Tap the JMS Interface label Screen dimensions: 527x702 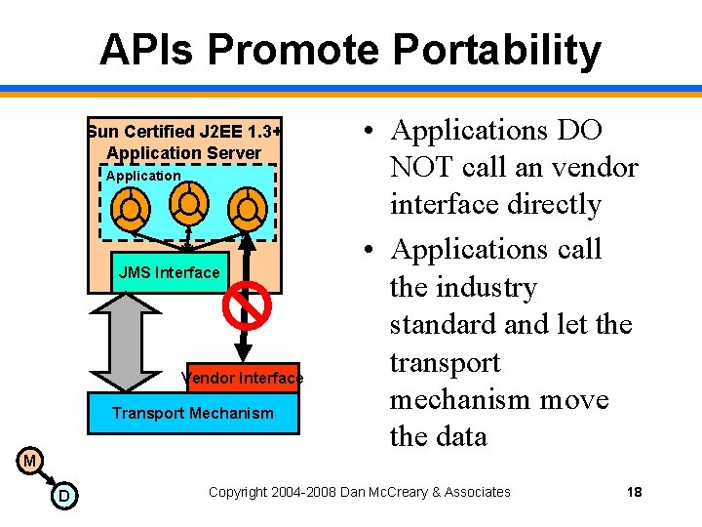(x=169, y=272)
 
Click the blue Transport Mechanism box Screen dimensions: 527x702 (x=193, y=413)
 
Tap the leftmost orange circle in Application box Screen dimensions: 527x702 (x=130, y=207)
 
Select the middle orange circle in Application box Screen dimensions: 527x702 (x=189, y=202)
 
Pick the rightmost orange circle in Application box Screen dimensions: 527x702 (x=248, y=207)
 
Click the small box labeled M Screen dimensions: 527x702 (x=30, y=460)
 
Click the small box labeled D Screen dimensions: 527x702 (x=63, y=498)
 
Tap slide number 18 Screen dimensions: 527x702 (x=634, y=492)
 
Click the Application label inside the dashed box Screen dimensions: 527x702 (x=142, y=176)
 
